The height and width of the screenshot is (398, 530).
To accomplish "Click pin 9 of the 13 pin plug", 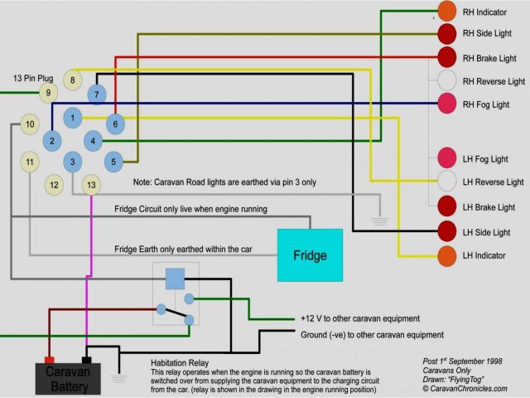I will point(48,93).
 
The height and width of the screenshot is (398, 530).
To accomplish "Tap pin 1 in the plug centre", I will point(73,119).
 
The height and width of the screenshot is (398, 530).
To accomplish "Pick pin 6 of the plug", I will point(115,124).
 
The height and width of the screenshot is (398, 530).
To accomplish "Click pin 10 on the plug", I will point(30,124).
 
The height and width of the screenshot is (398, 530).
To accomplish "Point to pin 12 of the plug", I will point(54,184).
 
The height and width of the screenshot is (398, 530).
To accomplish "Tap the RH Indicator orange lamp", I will point(447,12).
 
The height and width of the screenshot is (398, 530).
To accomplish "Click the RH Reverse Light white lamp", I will point(447,81).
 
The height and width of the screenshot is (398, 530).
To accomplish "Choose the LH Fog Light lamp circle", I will point(447,158).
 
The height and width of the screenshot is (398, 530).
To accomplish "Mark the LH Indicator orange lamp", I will point(447,255).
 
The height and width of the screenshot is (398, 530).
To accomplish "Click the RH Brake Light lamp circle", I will point(447,58).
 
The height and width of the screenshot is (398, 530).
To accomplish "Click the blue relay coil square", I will point(175,279).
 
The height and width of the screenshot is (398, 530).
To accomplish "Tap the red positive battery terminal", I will point(48,361).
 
